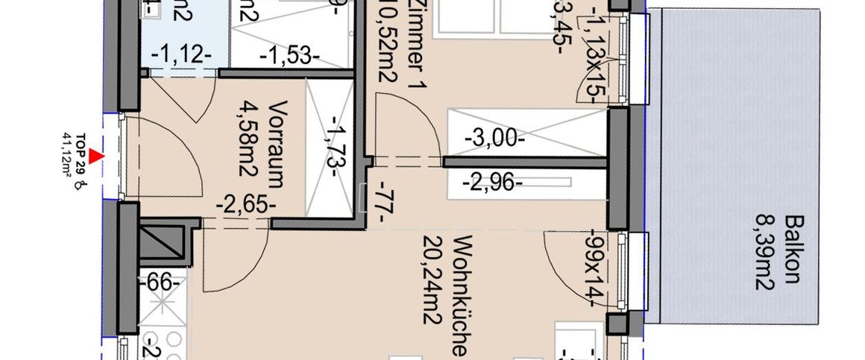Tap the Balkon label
point(794,249)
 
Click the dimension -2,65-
point(245,203)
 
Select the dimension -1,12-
point(181,55)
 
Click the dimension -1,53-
point(289,55)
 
